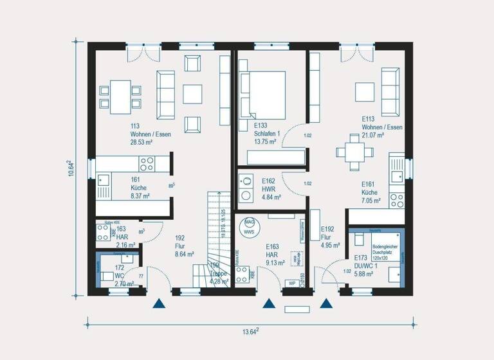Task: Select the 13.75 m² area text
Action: [x=265, y=141]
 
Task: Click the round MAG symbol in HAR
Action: [x=249, y=222]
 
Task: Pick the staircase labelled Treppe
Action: [x=217, y=238]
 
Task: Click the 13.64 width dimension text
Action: [x=249, y=332]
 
